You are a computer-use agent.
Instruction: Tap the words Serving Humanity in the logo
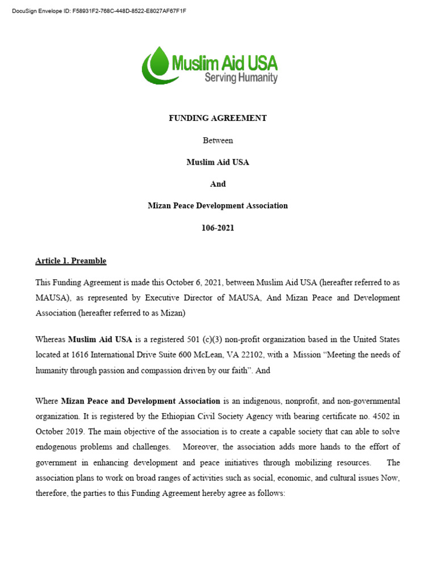coord(241,77)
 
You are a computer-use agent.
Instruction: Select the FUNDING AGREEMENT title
coord(217,119)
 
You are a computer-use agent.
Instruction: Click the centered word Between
coord(217,140)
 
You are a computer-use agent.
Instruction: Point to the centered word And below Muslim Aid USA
coord(217,184)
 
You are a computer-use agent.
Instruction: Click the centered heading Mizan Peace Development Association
coord(217,205)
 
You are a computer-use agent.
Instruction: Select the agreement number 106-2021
coord(217,228)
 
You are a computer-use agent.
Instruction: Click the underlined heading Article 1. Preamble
coord(71,261)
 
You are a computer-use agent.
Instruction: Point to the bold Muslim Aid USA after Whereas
coord(100,340)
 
